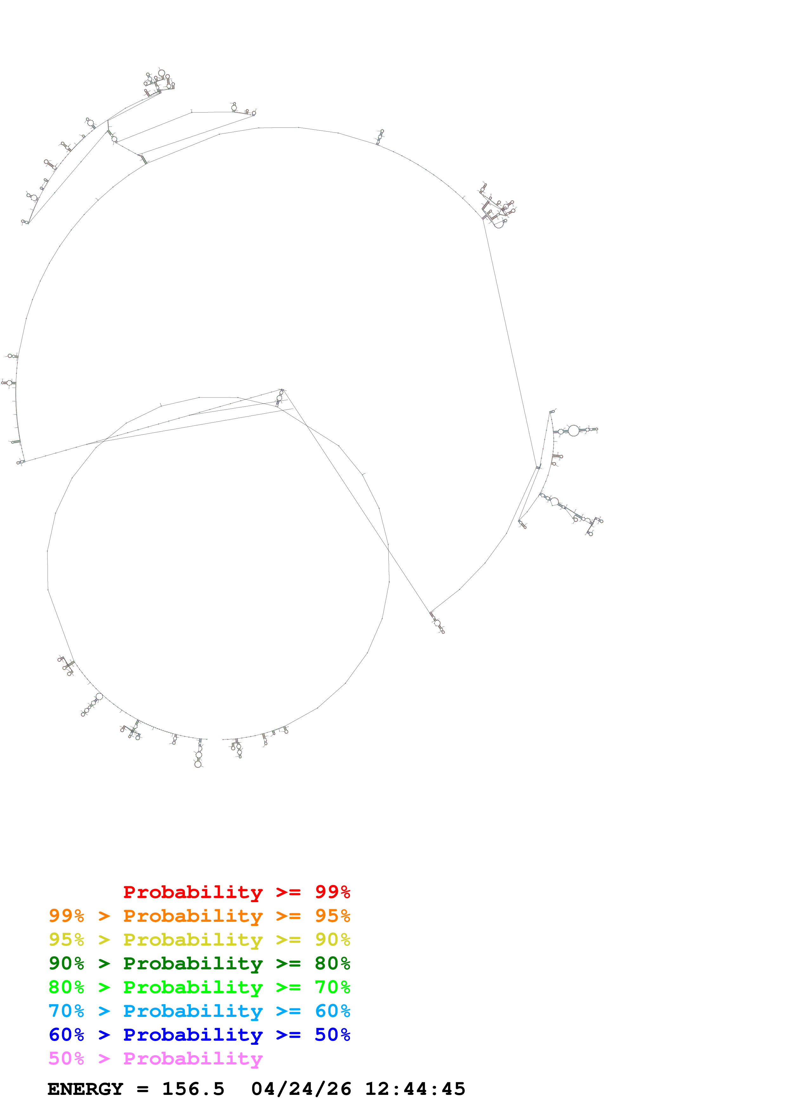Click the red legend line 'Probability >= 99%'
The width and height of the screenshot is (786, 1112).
pos(236,892)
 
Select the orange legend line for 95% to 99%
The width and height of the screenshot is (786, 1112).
pos(199,916)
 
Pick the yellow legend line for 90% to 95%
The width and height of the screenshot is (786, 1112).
pos(199,940)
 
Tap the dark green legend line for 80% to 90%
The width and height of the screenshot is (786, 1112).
pos(199,963)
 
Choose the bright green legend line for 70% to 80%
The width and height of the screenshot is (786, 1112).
pos(199,987)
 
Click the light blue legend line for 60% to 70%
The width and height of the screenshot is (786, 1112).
pos(199,1011)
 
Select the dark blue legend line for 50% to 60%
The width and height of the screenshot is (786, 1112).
pos(199,1035)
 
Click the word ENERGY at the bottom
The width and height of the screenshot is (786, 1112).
pos(85,1089)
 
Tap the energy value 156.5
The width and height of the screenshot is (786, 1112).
pos(193,1089)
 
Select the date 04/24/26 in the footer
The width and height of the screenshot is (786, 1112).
pos(301,1089)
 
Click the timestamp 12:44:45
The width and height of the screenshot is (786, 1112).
pos(415,1089)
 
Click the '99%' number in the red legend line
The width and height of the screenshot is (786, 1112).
pos(332,892)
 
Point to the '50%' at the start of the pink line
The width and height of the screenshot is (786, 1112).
pos(66,1058)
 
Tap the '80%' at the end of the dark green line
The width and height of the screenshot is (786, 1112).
pos(332,963)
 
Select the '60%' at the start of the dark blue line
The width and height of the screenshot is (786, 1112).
pos(66,1035)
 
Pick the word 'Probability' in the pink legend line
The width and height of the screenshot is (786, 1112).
pos(193,1058)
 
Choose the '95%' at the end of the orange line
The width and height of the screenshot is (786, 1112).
pos(332,916)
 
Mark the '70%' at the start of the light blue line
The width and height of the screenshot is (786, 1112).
pos(66,1011)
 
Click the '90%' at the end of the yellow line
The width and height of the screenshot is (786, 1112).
pos(332,940)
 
